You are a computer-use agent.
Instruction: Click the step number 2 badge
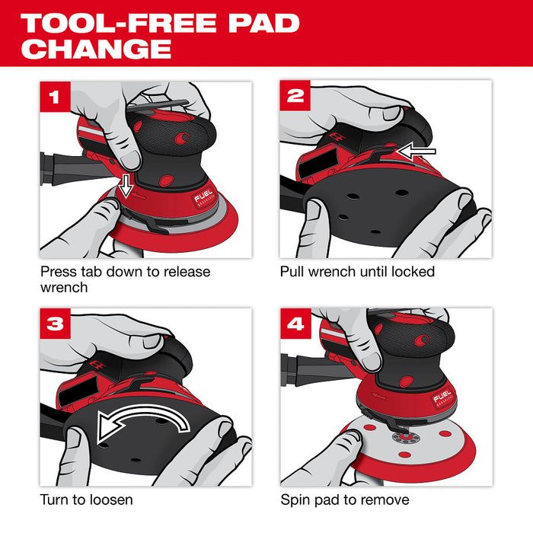(x=295, y=97)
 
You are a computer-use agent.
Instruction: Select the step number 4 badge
(x=295, y=323)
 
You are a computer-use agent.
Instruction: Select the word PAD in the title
(x=258, y=22)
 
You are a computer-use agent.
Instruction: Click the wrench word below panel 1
(x=64, y=289)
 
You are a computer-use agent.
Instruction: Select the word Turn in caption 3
(x=57, y=499)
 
